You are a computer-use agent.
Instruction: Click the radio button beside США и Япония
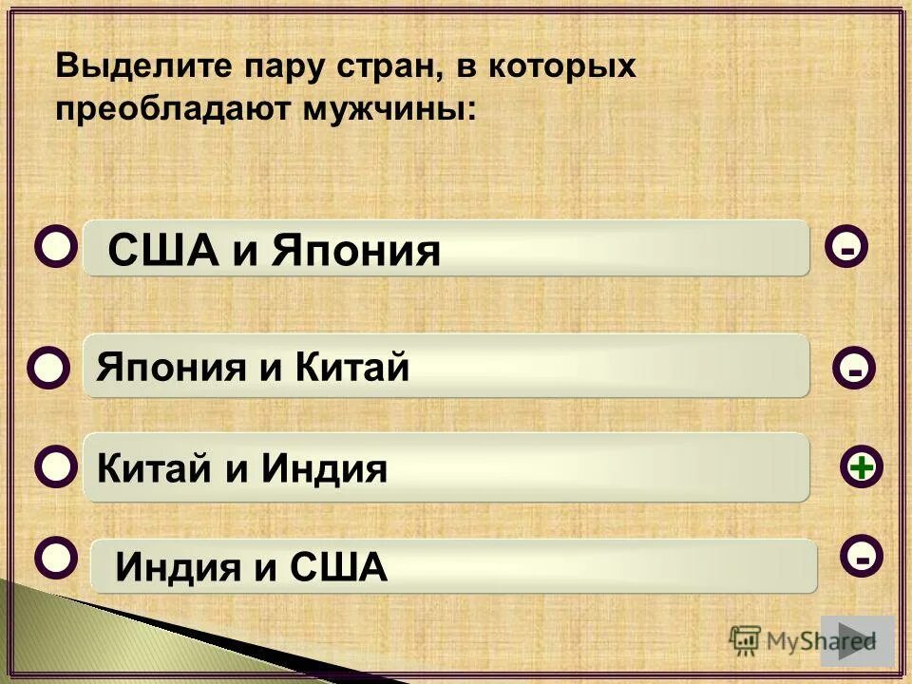[57, 247]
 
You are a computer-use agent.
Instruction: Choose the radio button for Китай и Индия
[57, 466]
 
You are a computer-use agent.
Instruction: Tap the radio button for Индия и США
[56, 556]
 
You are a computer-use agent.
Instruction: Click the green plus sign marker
[862, 467]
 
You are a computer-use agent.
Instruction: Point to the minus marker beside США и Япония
[847, 249]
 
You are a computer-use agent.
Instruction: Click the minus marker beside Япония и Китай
[855, 369]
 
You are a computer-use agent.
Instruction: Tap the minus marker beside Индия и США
[862, 558]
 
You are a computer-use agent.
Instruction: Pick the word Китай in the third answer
[150, 467]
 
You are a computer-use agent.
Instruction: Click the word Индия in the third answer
[325, 467]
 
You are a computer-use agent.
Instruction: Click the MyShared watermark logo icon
[746, 639]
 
